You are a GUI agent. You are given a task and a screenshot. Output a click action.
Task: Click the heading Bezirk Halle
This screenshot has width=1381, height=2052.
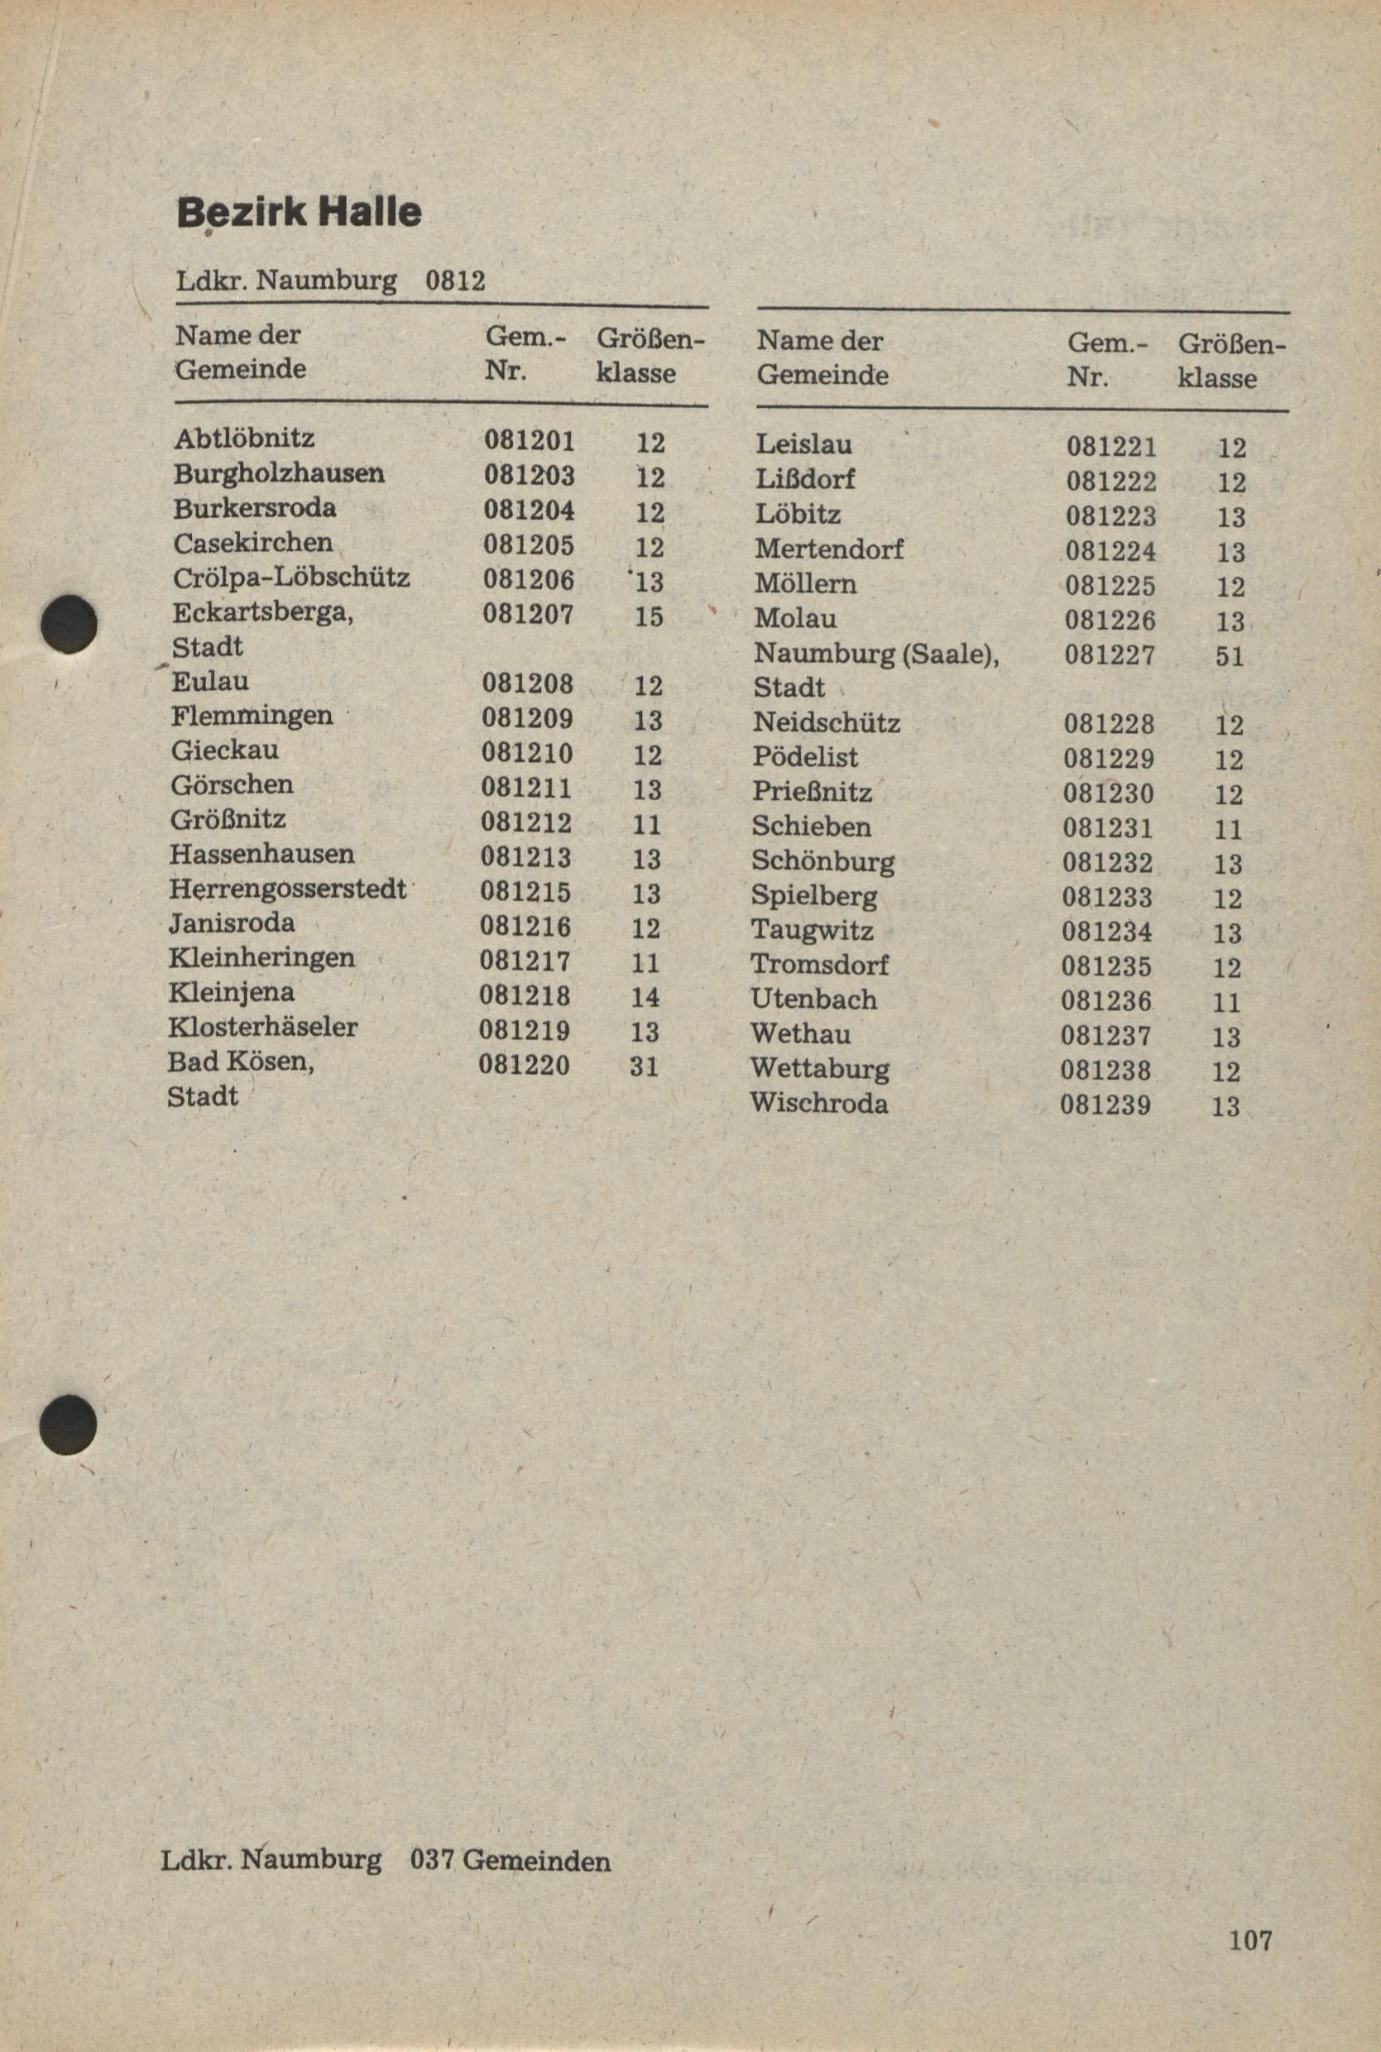299,213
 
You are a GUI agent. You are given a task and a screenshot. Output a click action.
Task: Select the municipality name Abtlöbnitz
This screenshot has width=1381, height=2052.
244,438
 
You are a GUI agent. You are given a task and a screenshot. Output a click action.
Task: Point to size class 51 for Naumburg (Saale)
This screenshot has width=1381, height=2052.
1230,656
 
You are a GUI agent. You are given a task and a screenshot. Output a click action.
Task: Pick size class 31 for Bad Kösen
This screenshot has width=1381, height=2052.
645,1067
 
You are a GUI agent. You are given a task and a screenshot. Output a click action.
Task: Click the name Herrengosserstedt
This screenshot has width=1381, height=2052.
288,889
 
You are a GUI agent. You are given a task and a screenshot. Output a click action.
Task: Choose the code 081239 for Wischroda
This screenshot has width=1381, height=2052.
1105,1105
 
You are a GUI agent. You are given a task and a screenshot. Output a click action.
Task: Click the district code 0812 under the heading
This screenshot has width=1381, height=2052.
454,281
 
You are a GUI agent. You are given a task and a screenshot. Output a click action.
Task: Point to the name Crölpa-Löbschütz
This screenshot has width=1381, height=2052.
291,578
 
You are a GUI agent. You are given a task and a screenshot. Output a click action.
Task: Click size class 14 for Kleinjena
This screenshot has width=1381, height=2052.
645,997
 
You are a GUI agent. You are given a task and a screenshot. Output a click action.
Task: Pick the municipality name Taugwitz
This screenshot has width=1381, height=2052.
812,930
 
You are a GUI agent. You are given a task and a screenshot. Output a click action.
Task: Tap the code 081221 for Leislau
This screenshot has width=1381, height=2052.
1111,448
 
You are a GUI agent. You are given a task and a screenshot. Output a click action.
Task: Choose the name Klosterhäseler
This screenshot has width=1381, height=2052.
263,1028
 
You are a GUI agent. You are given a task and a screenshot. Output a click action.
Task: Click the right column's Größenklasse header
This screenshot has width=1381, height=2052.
1230,360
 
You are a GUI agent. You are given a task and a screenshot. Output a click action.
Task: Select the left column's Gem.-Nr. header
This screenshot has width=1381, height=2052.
524,353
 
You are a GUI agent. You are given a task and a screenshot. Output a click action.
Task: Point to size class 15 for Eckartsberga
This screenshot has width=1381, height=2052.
648,616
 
